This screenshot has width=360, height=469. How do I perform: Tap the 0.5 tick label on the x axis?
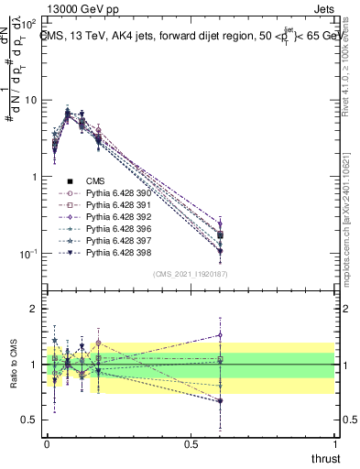tap(191, 443)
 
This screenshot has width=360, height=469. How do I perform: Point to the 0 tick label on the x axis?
tap(47, 443)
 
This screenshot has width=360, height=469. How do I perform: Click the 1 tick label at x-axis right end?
tap(335, 443)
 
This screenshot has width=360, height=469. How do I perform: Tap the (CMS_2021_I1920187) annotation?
tap(191, 274)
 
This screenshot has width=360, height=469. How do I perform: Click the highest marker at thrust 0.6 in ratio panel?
tap(220, 334)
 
